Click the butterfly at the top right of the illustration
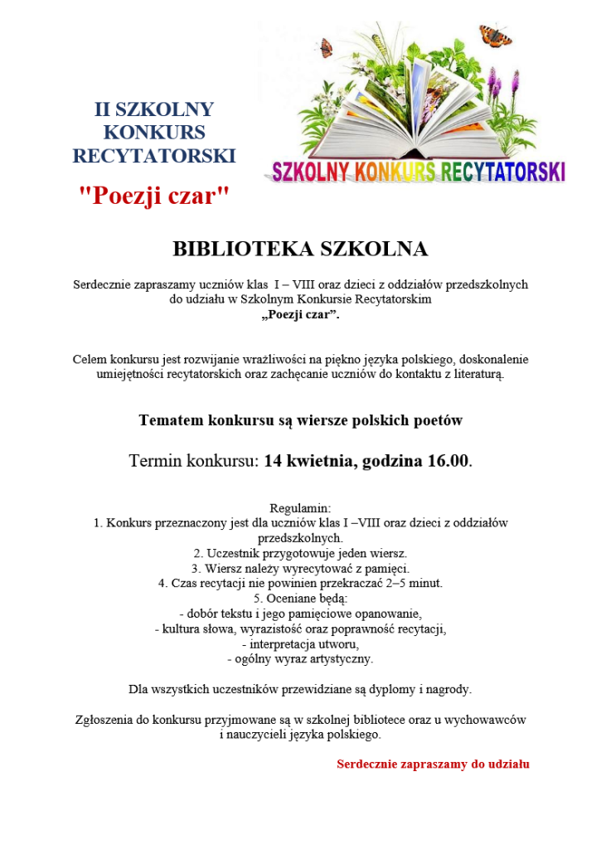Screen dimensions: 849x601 click(x=494, y=35)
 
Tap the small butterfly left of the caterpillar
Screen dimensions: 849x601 click(x=326, y=47)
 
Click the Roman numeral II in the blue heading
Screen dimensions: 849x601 click(x=102, y=109)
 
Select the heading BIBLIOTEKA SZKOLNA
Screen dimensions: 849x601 click(x=300, y=249)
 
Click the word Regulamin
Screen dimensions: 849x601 click(x=300, y=507)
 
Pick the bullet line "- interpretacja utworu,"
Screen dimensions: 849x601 click(x=300, y=644)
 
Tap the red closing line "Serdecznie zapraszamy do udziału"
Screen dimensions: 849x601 click(x=433, y=764)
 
